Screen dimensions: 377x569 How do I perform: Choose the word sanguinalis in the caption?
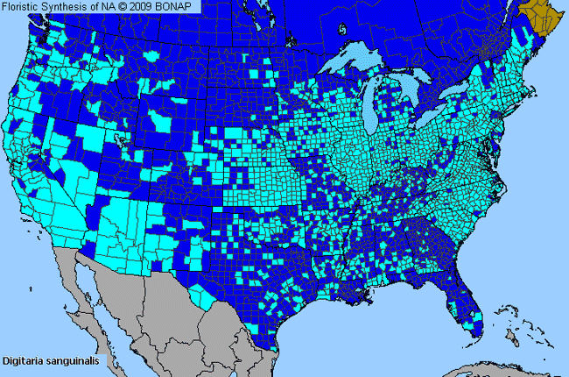click(x=74, y=360)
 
